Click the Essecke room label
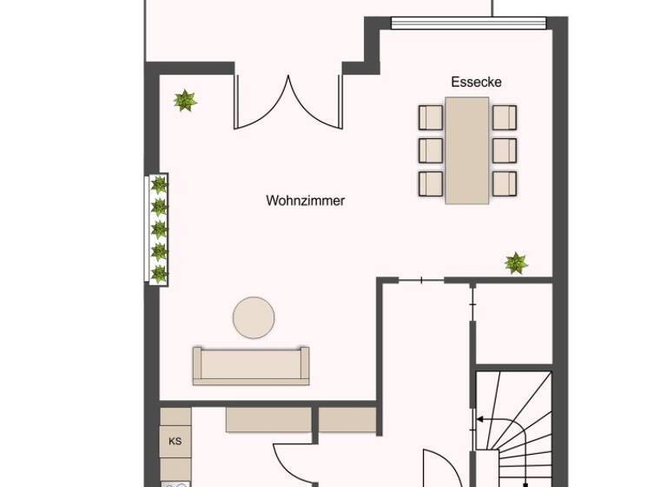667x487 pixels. pyautogui.click(x=476, y=82)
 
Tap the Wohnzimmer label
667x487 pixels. pyautogui.click(x=305, y=201)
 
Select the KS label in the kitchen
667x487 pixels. pyautogui.click(x=175, y=441)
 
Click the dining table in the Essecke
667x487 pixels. pyautogui.click(x=466, y=150)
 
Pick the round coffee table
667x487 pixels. pyautogui.click(x=254, y=318)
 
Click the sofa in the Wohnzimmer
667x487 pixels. pyautogui.click(x=250, y=365)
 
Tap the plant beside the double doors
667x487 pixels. pyautogui.click(x=184, y=101)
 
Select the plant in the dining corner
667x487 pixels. pyautogui.click(x=516, y=262)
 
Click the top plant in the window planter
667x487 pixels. pyautogui.click(x=159, y=184)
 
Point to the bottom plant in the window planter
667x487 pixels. pyautogui.click(x=159, y=274)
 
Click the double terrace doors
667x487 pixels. pyautogui.click(x=287, y=103)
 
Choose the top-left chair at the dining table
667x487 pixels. pyautogui.click(x=431, y=117)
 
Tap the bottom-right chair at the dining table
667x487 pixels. pyautogui.click(x=504, y=183)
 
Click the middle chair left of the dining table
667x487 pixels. pyautogui.click(x=431, y=150)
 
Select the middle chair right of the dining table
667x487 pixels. pyautogui.click(x=504, y=150)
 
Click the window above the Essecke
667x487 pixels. pyautogui.click(x=469, y=23)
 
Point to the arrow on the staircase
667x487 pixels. pyautogui.click(x=483, y=420)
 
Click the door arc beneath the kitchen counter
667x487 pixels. pyautogui.click(x=290, y=461)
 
